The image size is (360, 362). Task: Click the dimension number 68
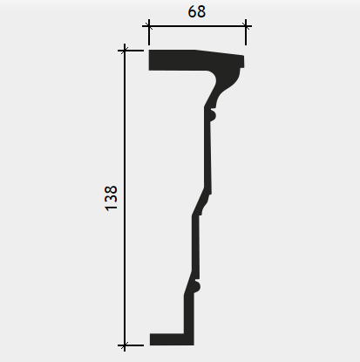click(x=197, y=12)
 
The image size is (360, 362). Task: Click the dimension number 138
click(x=111, y=198)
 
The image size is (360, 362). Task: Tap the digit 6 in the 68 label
click(x=192, y=12)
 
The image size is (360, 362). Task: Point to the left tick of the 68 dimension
click(x=149, y=26)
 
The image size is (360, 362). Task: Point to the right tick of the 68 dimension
click(x=246, y=26)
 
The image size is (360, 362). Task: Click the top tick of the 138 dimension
click(x=125, y=51)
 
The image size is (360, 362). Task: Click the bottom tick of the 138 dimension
click(x=125, y=345)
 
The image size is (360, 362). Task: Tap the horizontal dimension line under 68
click(x=197, y=26)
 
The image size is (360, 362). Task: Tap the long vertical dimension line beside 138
click(x=125, y=198)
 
